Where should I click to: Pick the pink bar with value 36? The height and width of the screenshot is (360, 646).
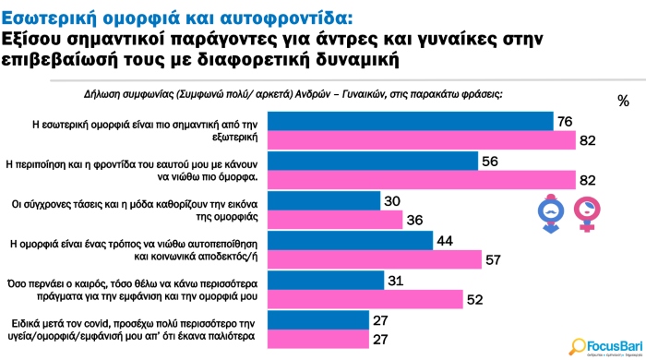pos(350,220)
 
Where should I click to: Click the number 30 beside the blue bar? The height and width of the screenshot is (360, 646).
pos(392,200)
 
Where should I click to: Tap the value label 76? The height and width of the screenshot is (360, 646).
pos(565,121)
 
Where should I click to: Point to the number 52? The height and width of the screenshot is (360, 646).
pos(473,300)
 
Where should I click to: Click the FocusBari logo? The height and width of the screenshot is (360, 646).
pos(603,342)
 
